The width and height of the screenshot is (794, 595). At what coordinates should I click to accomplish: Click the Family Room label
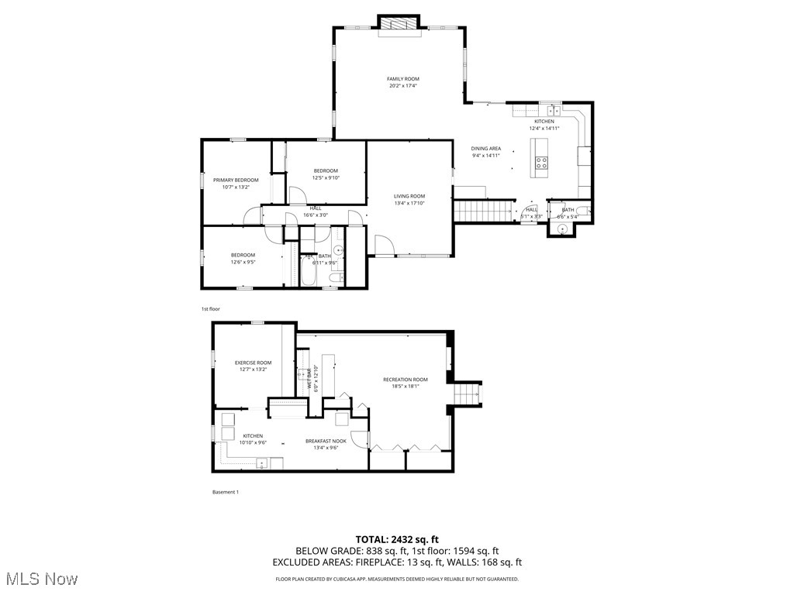[403, 79]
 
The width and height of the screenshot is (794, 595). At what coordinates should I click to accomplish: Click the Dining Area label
[486, 148]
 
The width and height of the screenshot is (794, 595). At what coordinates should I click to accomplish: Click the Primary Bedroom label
[236, 180]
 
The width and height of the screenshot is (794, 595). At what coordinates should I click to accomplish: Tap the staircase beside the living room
[484, 209]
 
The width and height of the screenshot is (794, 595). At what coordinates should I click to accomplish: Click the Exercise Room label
[253, 363]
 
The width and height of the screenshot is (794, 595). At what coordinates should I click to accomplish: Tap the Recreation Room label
[405, 380]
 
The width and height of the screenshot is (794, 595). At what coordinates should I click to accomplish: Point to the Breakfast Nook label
[325, 441]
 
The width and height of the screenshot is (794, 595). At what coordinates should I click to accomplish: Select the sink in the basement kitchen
[262, 463]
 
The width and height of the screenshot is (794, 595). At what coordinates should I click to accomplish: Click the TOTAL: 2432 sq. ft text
[397, 539]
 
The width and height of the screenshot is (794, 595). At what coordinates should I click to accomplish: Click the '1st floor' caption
[210, 308]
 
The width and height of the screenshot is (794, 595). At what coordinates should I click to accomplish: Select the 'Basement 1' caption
[225, 492]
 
